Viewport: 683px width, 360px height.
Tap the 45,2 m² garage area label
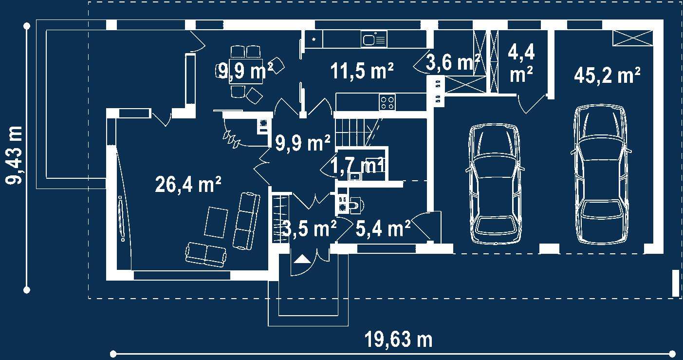pos(607,76)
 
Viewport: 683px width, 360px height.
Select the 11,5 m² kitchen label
pos(362,72)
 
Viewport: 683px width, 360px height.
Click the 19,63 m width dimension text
pos(398,339)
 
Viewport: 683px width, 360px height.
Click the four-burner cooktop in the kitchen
pos(388,103)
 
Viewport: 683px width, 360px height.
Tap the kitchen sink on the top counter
pos(373,38)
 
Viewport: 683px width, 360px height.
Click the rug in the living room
pos(216,222)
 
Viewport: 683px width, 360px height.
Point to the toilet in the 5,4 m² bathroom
pos(354,206)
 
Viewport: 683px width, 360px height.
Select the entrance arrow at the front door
pos(302,259)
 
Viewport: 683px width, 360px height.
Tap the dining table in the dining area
pos(246,72)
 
